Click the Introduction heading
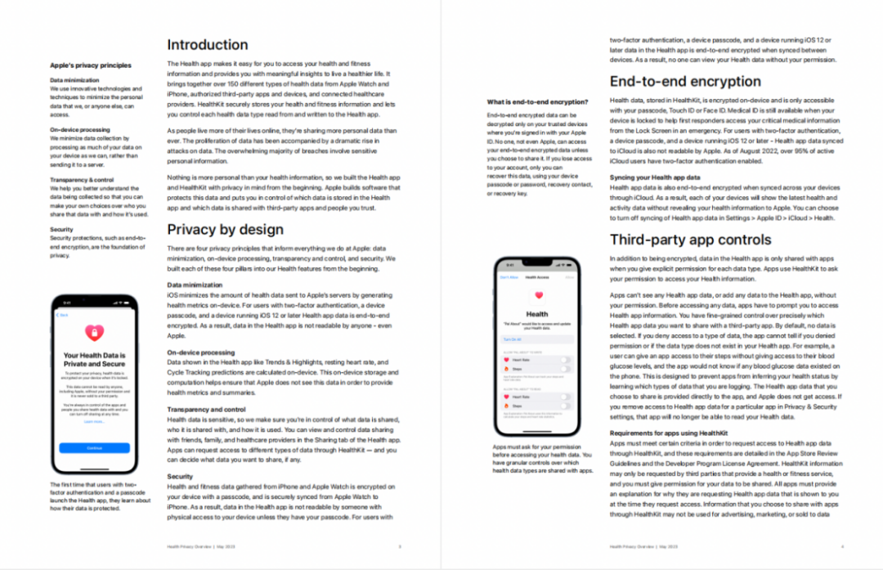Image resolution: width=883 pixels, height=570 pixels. click(x=207, y=45)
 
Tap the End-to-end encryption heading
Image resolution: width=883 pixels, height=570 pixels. click(x=685, y=81)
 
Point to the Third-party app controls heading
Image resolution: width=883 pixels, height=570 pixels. click(x=690, y=240)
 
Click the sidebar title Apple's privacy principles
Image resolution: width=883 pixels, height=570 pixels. click(x=90, y=65)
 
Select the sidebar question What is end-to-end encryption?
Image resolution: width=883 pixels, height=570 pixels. click(x=537, y=101)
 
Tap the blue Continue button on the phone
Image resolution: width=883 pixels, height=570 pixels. click(x=94, y=448)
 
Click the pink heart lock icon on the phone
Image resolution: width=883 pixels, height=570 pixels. click(x=94, y=334)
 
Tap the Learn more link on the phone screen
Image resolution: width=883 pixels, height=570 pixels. click(x=94, y=422)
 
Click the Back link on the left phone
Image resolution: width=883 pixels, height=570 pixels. click(x=63, y=314)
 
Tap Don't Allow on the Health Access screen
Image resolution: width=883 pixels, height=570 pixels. click(x=509, y=277)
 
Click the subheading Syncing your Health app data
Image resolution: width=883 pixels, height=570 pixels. click(x=655, y=177)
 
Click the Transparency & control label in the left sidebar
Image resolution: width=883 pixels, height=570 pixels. click(x=83, y=179)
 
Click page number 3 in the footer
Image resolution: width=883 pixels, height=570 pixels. click(x=399, y=545)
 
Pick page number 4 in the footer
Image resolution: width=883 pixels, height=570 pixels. click(x=842, y=545)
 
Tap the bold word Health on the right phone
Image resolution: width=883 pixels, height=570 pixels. click(x=537, y=314)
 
